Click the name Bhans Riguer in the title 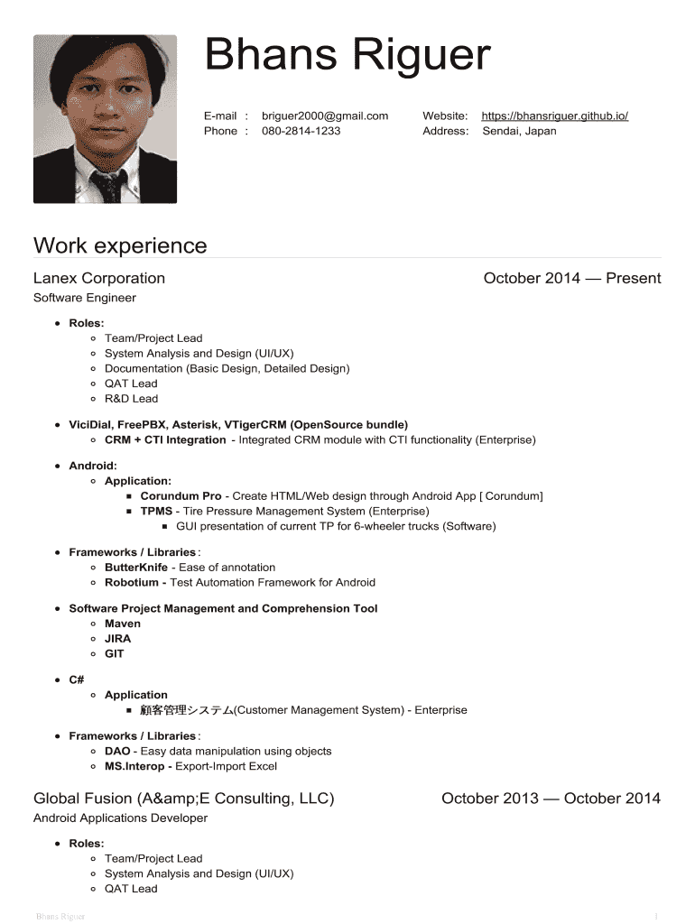(347, 56)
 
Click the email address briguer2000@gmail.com (325, 115)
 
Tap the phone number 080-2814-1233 (301, 131)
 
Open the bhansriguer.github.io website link (554, 115)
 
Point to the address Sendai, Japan (519, 131)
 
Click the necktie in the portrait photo (107, 185)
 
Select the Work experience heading (120, 245)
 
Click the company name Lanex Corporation (99, 278)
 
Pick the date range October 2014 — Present (572, 278)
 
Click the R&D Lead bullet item (131, 398)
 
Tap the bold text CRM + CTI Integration (165, 439)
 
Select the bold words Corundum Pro (181, 496)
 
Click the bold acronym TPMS (156, 511)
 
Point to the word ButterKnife (135, 568)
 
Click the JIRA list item (117, 638)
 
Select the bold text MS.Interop (134, 766)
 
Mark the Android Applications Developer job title (120, 818)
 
